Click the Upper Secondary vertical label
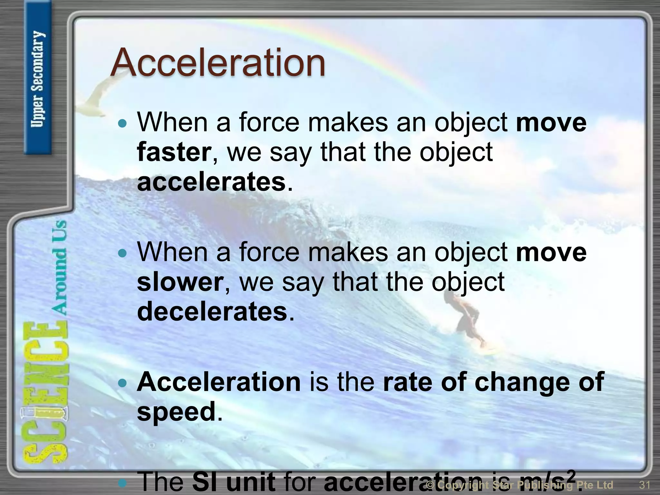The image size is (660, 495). point(38,79)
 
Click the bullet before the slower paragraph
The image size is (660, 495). point(122,253)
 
